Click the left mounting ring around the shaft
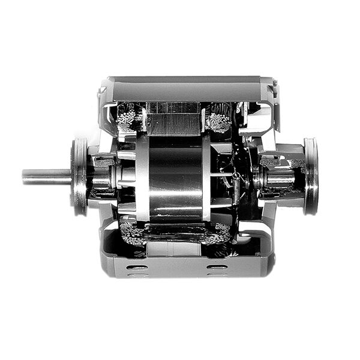pyautogui.click(x=79, y=176)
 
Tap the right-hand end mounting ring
pyautogui.click(x=310, y=176)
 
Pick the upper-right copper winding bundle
pyautogui.click(x=219, y=118)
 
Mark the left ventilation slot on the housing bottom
pyautogui.click(x=137, y=266)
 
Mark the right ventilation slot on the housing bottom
pyautogui.click(x=217, y=266)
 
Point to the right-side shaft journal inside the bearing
pyautogui.click(x=278, y=178)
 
